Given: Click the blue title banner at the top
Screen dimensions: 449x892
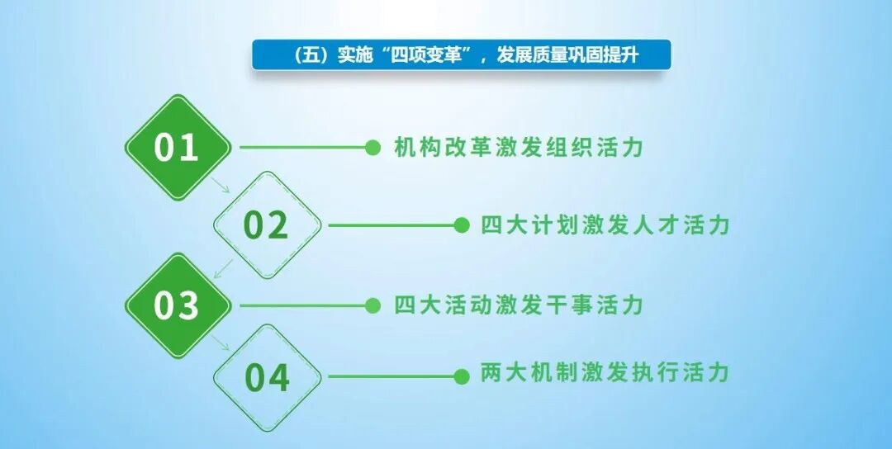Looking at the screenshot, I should point(461,55).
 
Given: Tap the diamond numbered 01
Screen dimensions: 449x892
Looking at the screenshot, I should point(177,148).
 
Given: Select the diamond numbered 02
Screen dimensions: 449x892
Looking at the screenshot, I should point(267,225).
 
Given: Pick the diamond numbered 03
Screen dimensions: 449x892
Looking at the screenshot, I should point(177,305).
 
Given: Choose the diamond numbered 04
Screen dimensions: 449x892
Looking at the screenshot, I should point(267,377).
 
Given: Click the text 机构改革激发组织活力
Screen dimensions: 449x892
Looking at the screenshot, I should point(519,148).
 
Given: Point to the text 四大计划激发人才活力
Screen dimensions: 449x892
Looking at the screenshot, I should point(605,225).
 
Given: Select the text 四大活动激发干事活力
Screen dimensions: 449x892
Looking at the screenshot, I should point(519,305).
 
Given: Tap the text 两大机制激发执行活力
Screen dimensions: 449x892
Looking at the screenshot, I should point(605,373).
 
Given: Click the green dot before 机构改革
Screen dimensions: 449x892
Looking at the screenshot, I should point(373,148).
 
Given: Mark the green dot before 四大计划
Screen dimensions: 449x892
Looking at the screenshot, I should point(462,225).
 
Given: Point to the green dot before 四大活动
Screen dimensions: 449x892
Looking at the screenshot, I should point(373,305).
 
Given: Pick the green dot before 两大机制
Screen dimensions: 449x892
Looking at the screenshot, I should point(462,376).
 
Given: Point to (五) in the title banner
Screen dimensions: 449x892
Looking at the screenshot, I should point(311,55).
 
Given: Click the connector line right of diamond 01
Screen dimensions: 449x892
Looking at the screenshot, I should point(301,148).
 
